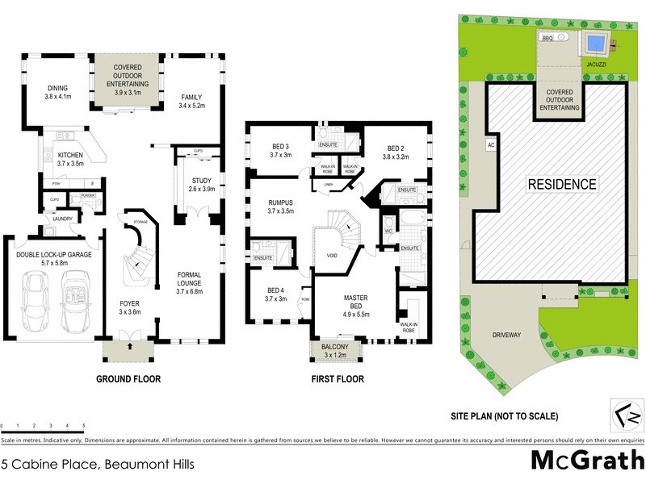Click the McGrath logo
coord(586,460)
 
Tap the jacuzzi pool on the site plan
coord(596,42)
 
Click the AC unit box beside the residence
coord(490,146)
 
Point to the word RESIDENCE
coord(563,184)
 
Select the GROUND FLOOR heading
coord(128,378)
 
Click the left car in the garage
coord(37,300)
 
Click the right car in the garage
coord(78,300)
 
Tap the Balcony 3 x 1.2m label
coord(337,349)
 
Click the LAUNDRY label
coord(62,219)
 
